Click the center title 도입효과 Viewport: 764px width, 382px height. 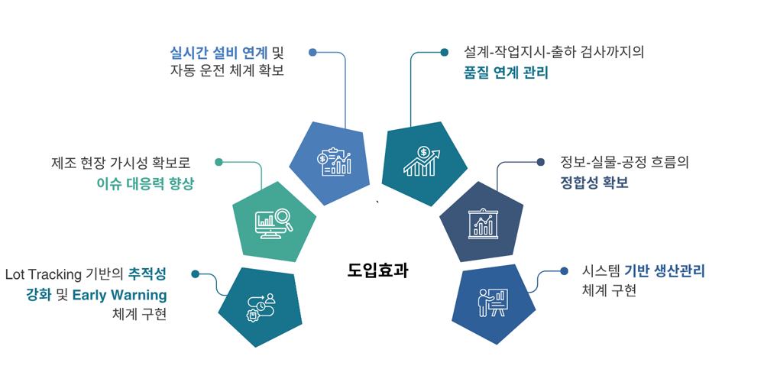[x=377, y=270]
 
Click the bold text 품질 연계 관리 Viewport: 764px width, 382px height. [x=506, y=73]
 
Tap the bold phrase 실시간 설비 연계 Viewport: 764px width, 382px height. [x=219, y=53]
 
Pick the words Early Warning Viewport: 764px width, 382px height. [x=119, y=294]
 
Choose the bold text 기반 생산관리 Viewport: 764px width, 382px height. [x=664, y=270]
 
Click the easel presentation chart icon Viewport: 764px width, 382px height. [x=483, y=222]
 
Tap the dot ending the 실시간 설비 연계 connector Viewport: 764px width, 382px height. [x=312, y=53]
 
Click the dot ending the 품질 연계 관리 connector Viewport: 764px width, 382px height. [x=445, y=53]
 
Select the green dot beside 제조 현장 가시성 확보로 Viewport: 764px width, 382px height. [x=219, y=162]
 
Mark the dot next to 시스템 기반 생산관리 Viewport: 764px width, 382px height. [x=564, y=271]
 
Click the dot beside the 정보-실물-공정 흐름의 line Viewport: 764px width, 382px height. [x=541, y=162]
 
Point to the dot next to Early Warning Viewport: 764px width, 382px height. [x=196, y=274]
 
